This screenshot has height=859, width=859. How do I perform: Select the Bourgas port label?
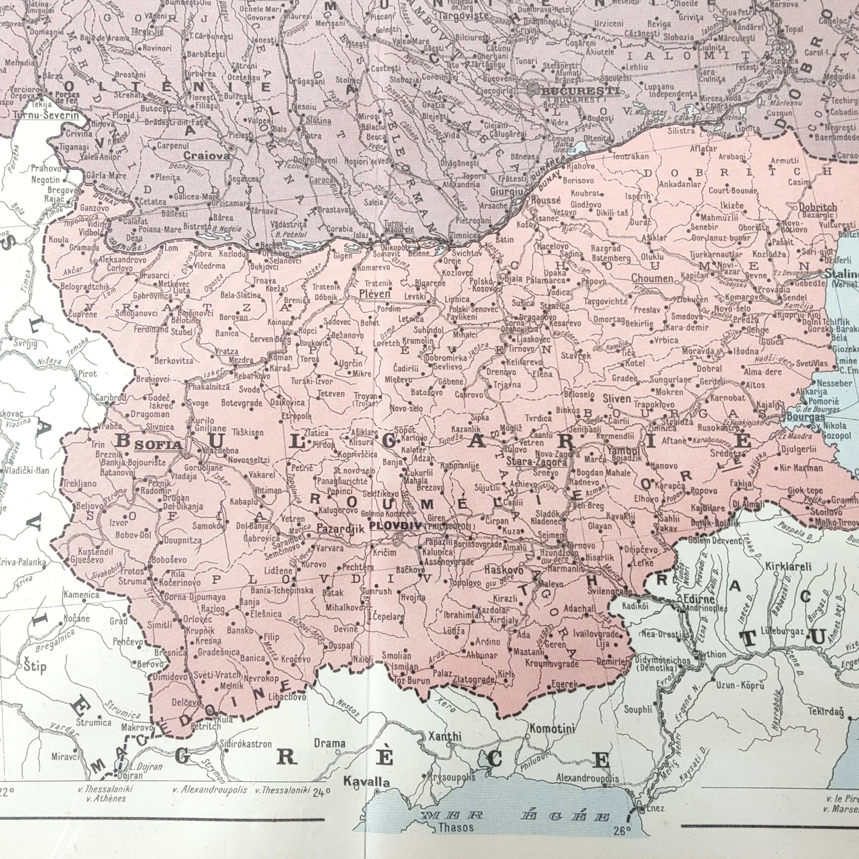806,417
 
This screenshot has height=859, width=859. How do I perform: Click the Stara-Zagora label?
537,462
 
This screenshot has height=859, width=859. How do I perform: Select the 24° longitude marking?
322,791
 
